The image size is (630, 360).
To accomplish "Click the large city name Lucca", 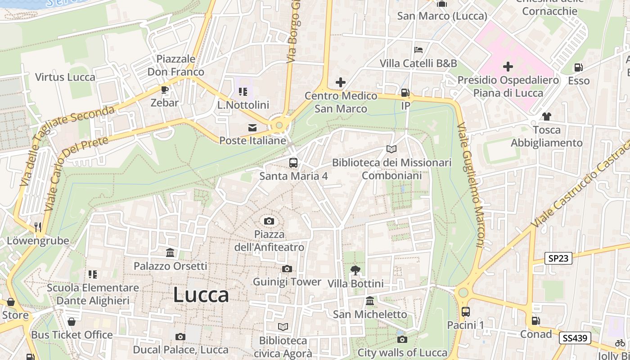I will coord(201,295).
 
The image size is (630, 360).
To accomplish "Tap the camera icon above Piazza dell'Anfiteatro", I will coord(269,221).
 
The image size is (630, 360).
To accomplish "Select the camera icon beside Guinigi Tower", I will coord(287,269).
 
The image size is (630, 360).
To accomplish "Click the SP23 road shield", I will coord(558,258).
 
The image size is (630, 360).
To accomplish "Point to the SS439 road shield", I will coord(575,338).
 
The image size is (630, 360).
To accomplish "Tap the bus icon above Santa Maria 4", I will coord(293,162).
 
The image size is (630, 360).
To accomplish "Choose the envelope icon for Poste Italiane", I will coord(252,128).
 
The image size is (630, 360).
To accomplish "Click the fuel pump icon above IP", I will coord(405,93).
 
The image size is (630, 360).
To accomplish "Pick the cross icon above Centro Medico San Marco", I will coord(341,82).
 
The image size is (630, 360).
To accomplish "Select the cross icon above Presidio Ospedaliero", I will coord(508,67).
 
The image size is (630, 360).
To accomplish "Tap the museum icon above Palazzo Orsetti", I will coord(170,253).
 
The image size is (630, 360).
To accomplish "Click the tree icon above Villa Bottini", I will coord(355,270).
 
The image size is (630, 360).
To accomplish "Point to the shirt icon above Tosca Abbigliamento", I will coord(547,117).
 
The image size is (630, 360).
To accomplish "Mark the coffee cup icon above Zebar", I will coord(165,90).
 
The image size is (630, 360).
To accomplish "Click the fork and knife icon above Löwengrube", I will coord(38,227).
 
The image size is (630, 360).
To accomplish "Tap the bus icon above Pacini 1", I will coord(466,311).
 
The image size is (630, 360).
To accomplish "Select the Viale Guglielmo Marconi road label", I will coord(470,184).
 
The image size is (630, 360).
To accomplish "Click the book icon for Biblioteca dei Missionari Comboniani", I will coord(391,149).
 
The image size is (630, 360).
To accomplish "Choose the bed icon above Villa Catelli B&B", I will coord(418,49).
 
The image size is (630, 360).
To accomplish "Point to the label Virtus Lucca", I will coord(65,77).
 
